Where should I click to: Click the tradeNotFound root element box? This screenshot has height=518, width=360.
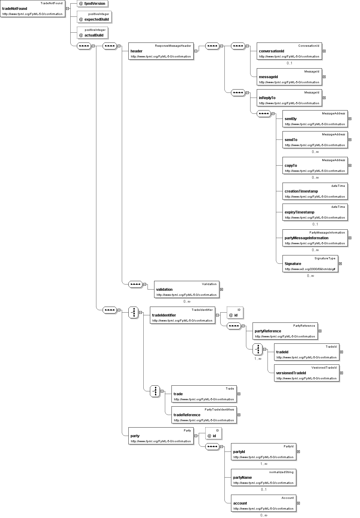tap(32, 8)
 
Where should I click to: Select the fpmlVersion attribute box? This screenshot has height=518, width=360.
tap(92, 3)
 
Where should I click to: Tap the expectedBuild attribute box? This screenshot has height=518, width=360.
tap(94, 17)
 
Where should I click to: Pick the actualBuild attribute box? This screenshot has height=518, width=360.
tap(92, 33)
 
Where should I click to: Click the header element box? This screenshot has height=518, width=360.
tap(161, 51)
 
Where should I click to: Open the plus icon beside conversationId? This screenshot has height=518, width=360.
tap(324, 51)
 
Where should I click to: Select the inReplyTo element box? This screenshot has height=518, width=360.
tap(289, 98)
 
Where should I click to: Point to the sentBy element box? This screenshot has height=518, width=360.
tap(315, 119)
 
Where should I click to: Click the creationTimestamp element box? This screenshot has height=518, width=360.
tap(315, 191)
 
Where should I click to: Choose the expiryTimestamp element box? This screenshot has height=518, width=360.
tap(315, 212)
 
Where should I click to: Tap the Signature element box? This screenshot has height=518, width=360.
tap(310, 263)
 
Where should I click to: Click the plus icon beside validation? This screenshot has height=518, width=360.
tap(221, 289)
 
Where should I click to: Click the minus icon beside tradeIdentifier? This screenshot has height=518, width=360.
tap(217, 315)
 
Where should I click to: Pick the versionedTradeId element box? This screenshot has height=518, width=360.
tap(307, 373)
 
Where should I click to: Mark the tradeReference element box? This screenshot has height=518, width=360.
tap(204, 415)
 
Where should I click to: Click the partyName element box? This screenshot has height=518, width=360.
tap(264, 477)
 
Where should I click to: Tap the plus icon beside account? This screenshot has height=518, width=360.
tap(298, 503)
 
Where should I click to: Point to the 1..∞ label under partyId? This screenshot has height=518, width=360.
tap(264, 464)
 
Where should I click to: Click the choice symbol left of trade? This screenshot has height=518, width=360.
tap(155, 391)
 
